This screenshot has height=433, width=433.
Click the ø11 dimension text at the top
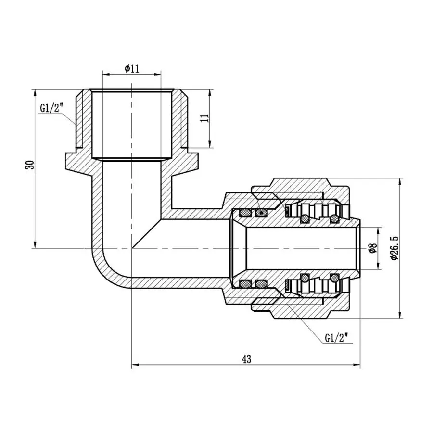(x=131, y=69)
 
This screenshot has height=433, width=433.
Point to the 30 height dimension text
(x=30, y=166)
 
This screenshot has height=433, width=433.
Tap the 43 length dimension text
(x=247, y=359)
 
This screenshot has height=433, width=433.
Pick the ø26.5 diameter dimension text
(x=395, y=248)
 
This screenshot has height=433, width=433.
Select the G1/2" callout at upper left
(x=51, y=108)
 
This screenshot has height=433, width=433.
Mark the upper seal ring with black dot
(x=261, y=212)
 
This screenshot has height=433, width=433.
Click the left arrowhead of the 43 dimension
(x=135, y=365)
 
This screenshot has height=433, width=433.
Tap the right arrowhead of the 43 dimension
(x=357, y=365)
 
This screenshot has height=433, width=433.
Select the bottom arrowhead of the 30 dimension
(x=35, y=245)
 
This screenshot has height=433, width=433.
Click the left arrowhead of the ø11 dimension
(x=105, y=75)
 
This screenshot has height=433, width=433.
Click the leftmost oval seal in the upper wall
(x=245, y=212)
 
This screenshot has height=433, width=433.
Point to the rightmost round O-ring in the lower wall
(x=333, y=278)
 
